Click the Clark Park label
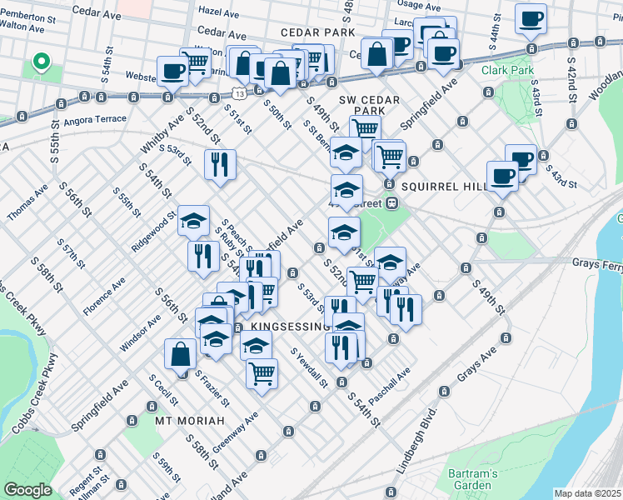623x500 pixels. pyautogui.click(x=507, y=71)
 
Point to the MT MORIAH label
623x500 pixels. pyautogui.click(x=187, y=421)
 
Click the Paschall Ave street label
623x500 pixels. pyautogui.click(x=390, y=384)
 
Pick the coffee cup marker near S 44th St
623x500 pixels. pyautogui.click(x=531, y=18)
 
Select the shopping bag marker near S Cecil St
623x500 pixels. pyautogui.click(x=180, y=354)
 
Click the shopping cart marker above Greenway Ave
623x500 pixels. pyautogui.click(x=262, y=372)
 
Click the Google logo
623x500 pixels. pyautogui.click(x=27, y=490)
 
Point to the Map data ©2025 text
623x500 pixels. pyautogui.click(x=588, y=493)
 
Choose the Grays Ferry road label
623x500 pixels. pyautogui.click(x=596, y=263)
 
